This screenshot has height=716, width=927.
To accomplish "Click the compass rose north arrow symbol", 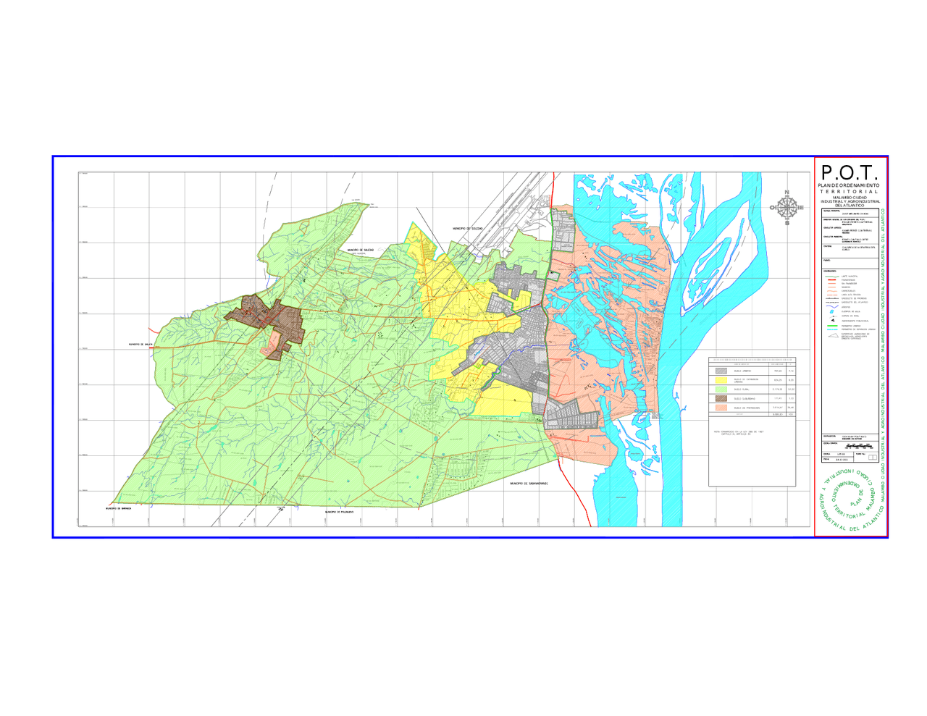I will [x=787, y=207].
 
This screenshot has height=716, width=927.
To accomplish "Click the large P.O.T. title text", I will [x=850, y=173].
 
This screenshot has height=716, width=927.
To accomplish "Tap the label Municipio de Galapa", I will [x=140, y=345].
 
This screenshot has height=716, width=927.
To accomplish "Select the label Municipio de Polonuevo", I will [x=339, y=512].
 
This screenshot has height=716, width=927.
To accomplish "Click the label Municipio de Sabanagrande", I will [x=528, y=484].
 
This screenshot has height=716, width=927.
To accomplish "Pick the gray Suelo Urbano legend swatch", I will [x=721, y=371].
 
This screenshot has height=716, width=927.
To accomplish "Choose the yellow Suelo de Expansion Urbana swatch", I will [x=721, y=380].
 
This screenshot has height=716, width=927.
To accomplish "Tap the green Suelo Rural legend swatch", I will [x=721, y=389].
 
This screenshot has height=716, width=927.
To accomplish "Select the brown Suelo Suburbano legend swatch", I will [x=721, y=399].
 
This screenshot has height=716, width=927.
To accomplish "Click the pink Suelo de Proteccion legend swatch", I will [x=721, y=408].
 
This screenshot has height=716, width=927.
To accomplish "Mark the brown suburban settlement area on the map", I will [x=264, y=319].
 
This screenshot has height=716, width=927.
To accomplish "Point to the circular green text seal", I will [x=851, y=500].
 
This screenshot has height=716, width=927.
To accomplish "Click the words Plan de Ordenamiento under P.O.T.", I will [x=849, y=185].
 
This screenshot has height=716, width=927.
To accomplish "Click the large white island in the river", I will [x=724, y=239].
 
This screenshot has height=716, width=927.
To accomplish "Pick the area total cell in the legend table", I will [x=777, y=414].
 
